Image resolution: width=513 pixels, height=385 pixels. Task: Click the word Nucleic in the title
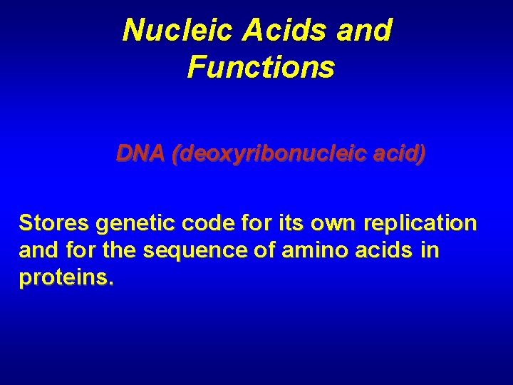(x=166, y=31)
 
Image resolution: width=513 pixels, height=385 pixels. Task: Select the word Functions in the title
(x=260, y=68)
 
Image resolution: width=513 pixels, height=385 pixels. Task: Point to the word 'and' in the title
(x=366, y=31)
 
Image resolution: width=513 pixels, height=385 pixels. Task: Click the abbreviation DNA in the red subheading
(x=140, y=153)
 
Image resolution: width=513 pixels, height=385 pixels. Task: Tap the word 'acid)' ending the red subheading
(x=398, y=153)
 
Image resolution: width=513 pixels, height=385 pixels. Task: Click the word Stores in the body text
(x=53, y=224)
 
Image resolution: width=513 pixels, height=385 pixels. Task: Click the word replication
(x=419, y=224)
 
